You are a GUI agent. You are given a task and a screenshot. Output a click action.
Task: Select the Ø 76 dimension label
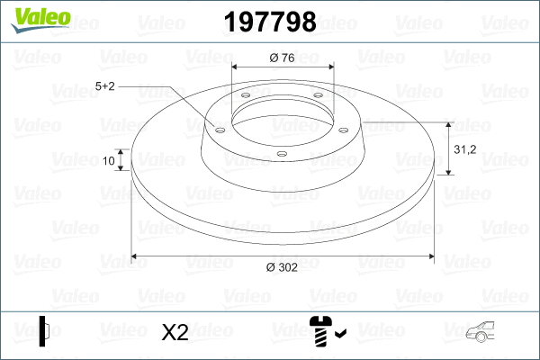pyautogui.click(x=283, y=58)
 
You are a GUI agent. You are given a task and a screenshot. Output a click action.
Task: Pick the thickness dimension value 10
pyautogui.click(x=109, y=161)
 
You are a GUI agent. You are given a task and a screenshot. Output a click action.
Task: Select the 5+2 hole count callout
pyautogui.click(x=105, y=86)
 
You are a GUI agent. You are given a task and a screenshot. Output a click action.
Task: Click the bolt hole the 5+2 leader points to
pyautogui.click(x=219, y=128)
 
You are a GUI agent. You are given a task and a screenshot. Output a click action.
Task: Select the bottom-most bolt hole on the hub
pyautogui.click(x=282, y=154)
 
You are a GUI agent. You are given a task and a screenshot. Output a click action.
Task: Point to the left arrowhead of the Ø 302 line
pyautogui.click(x=136, y=256)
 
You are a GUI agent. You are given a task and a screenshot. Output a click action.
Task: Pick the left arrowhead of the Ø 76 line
pyautogui.click(x=236, y=67)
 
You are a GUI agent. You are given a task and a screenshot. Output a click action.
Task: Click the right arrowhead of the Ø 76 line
pyautogui.click(x=329, y=67)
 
